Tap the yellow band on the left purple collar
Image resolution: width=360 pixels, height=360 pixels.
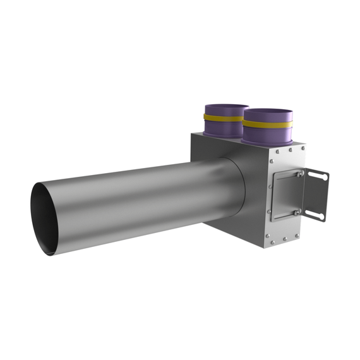click(222, 118)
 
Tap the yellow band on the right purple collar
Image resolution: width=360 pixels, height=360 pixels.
click(268, 124)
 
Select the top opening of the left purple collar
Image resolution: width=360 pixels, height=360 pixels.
click(225, 107)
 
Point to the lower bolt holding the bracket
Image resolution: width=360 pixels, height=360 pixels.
click(297, 213)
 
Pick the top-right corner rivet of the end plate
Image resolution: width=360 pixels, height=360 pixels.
click(303, 149)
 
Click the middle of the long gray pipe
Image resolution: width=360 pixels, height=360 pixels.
click(139, 202)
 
